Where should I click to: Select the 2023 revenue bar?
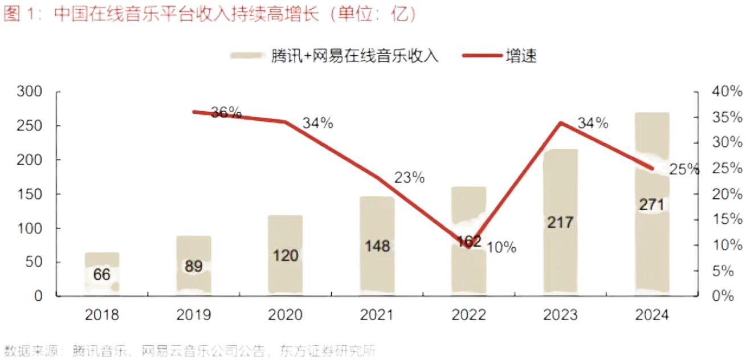click(x=561, y=222)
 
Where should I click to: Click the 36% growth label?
click(x=226, y=113)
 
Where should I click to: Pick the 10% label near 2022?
click(x=502, y=247)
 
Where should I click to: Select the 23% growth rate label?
click(x=409, y=178)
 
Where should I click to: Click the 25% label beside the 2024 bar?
click(x=684, y=169)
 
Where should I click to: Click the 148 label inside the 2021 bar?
click(x=377, y=246)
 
